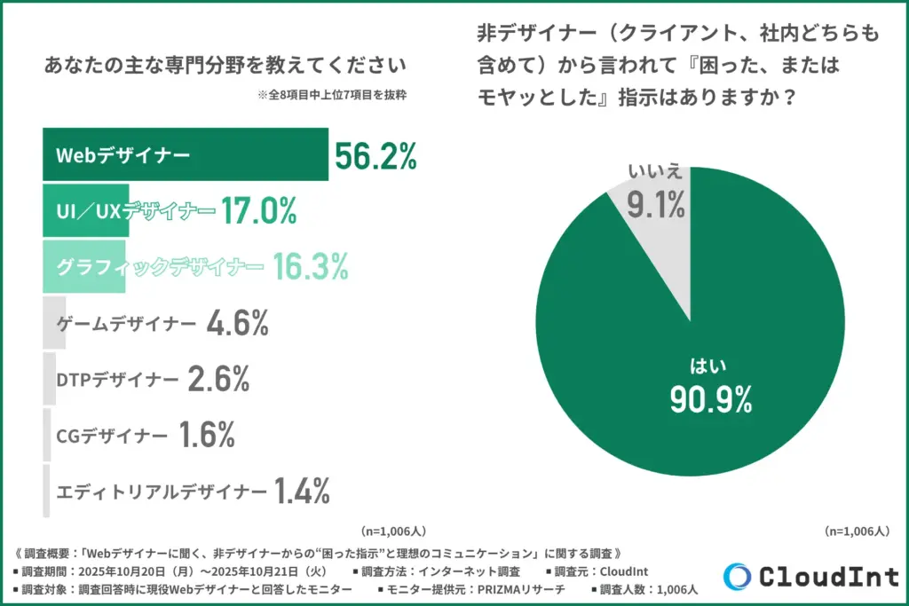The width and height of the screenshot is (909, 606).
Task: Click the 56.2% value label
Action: tap(375, 157)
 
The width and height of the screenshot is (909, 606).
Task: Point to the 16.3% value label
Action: tap(310, 265)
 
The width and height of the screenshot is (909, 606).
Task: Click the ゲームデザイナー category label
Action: tap(125, 324)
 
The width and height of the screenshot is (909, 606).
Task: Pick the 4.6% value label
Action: tap(237, 324)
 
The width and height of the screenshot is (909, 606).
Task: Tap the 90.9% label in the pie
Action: tap(710, 399)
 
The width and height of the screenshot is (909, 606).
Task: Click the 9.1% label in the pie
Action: tap(656, 206)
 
